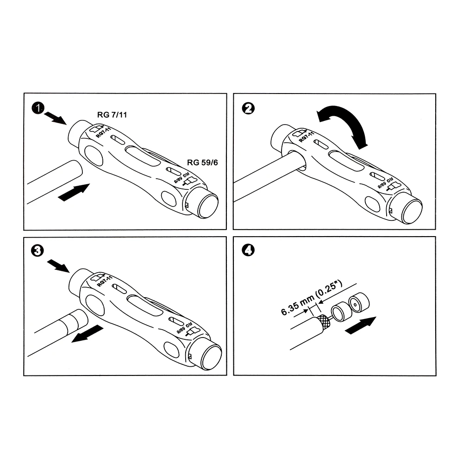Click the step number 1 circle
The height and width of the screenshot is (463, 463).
[38, 108]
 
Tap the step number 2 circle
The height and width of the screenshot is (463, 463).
[248, 108]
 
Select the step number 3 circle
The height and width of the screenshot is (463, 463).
[38, 250]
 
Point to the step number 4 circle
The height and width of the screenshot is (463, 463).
[248, 250]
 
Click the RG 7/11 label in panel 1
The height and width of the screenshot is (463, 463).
[112, 114]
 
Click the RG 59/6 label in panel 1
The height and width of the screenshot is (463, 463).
[202, 163]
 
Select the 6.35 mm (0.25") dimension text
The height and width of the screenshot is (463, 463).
[312, 298]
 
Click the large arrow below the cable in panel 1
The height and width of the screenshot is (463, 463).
[74, 193]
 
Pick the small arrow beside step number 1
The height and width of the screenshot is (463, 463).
[56, 119]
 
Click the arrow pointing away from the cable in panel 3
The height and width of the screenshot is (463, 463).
[88, 334]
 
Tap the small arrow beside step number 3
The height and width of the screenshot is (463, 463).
[58, 266]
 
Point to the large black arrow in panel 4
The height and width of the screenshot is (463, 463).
[361, 325]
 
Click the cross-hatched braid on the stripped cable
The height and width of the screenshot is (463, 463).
[323, 322]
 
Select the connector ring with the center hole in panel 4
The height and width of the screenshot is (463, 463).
[358, 303]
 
